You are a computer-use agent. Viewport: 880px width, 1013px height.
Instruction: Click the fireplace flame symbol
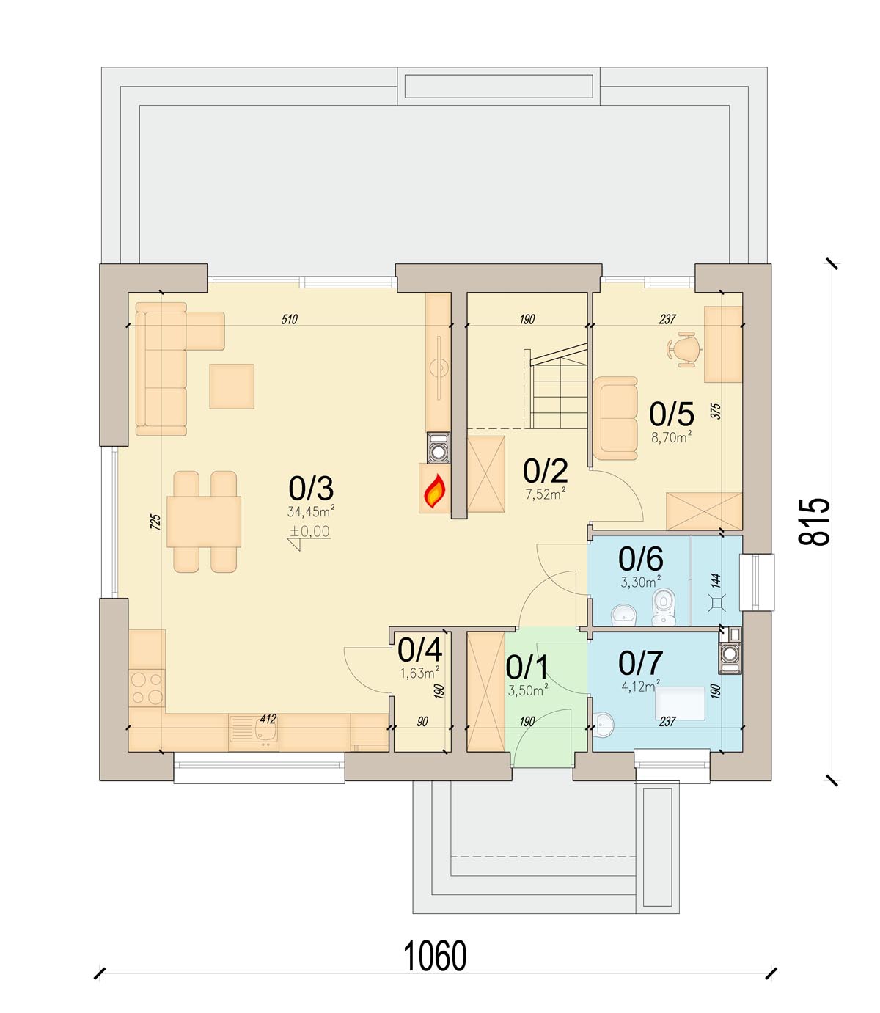point(435,491)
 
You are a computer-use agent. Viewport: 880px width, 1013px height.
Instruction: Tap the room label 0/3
point(311,489)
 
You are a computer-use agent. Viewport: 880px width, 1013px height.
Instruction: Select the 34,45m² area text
point(311,511)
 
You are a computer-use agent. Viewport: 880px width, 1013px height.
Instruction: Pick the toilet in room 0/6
point(663,607)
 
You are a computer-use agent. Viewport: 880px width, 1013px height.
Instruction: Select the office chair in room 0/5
point(684,350)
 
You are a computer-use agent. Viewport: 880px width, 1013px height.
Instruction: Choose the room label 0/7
point(640,663)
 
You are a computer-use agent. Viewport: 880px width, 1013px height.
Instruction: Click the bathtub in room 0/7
point(680,703)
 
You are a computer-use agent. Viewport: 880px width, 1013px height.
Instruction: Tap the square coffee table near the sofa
point(232,386)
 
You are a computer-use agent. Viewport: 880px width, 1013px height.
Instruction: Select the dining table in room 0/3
point(204,522)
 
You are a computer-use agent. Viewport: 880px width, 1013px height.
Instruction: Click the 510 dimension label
point(290,319)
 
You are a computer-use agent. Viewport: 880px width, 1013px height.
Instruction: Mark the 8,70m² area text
point(671,436)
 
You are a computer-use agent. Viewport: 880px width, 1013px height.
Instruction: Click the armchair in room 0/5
point(615,418)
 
